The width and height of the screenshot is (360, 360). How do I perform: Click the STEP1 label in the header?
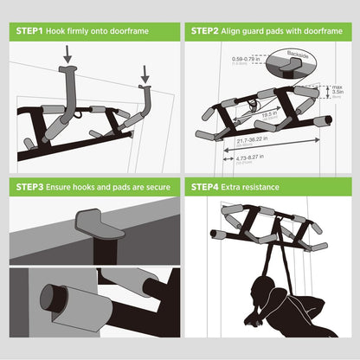click(31, 30)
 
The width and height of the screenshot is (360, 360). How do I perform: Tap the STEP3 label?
click(31, 187)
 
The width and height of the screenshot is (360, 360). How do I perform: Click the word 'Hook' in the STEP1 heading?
click(64, 30)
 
